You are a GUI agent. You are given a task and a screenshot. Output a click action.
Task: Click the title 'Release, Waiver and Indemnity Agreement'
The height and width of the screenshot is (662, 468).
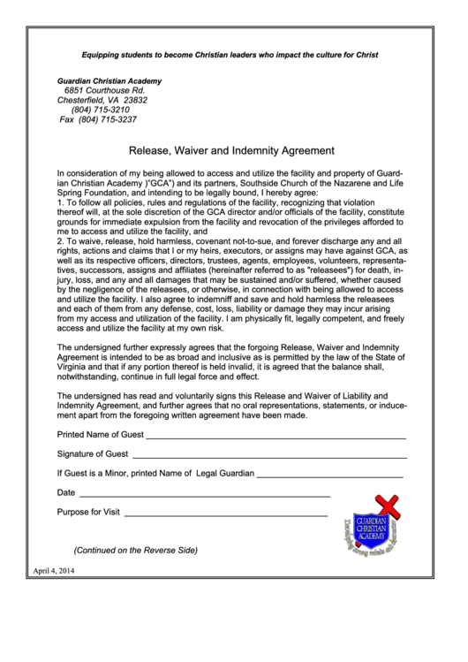231,150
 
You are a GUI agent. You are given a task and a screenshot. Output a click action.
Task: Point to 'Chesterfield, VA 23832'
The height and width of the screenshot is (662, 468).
102,100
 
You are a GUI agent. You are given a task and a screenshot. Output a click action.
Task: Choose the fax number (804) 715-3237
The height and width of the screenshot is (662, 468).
98,119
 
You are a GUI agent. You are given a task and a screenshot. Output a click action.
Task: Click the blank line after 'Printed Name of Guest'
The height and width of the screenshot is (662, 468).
276,438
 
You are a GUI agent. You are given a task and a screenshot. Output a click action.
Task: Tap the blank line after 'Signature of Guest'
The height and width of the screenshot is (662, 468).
268,457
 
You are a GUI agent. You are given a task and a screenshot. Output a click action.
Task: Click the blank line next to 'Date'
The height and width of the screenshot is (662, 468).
205,496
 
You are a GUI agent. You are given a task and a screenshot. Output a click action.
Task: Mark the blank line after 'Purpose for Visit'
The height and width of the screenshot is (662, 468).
225,515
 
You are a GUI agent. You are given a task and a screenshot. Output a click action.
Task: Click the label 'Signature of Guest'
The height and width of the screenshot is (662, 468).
93,453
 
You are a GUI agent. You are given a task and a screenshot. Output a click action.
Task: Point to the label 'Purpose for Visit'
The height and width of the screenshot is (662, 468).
88,512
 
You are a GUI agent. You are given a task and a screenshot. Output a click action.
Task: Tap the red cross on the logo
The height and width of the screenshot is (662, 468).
386,506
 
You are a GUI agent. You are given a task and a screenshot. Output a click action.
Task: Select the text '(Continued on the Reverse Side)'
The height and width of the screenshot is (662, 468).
135,550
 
